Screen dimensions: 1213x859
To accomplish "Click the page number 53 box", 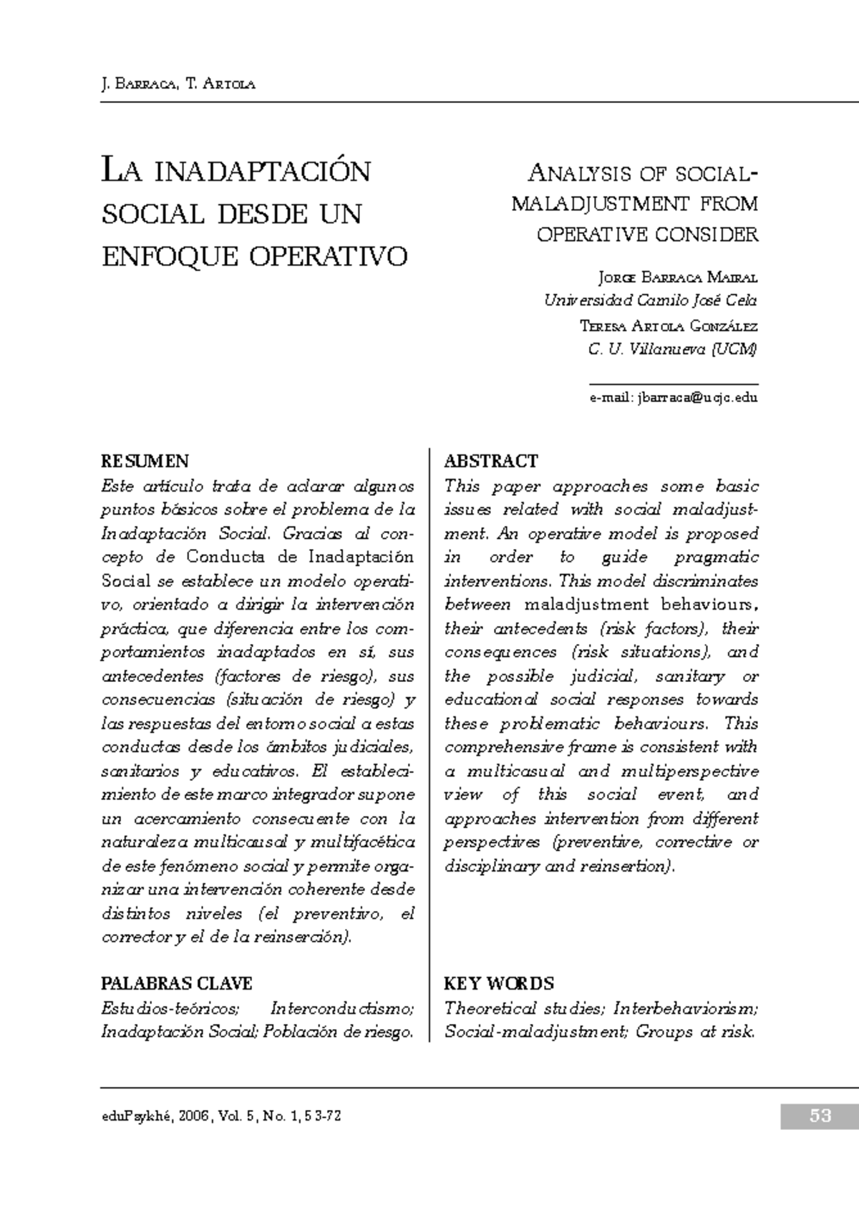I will coord(819,1115).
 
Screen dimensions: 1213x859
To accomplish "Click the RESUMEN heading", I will coord(145,461).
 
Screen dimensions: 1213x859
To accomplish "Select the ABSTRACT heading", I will coord(491,461).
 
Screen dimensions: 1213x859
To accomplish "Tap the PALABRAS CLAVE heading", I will coord(176,983).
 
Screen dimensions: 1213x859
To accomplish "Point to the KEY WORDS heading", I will coord(499,983).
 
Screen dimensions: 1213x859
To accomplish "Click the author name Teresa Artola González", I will coord(668,326).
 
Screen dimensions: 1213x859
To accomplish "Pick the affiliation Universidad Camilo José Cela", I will coord(650,301).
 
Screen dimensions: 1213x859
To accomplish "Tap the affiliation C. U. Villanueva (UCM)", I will coord(672,350).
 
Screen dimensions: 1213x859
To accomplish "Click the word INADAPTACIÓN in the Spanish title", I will coord(263,172).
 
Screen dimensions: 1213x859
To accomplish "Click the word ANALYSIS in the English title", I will coord(580,174).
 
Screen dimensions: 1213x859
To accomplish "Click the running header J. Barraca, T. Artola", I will coord(178,84).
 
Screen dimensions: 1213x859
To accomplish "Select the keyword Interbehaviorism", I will coord(685,1009).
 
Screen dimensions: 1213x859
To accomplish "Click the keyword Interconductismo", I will coord(341,1009).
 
